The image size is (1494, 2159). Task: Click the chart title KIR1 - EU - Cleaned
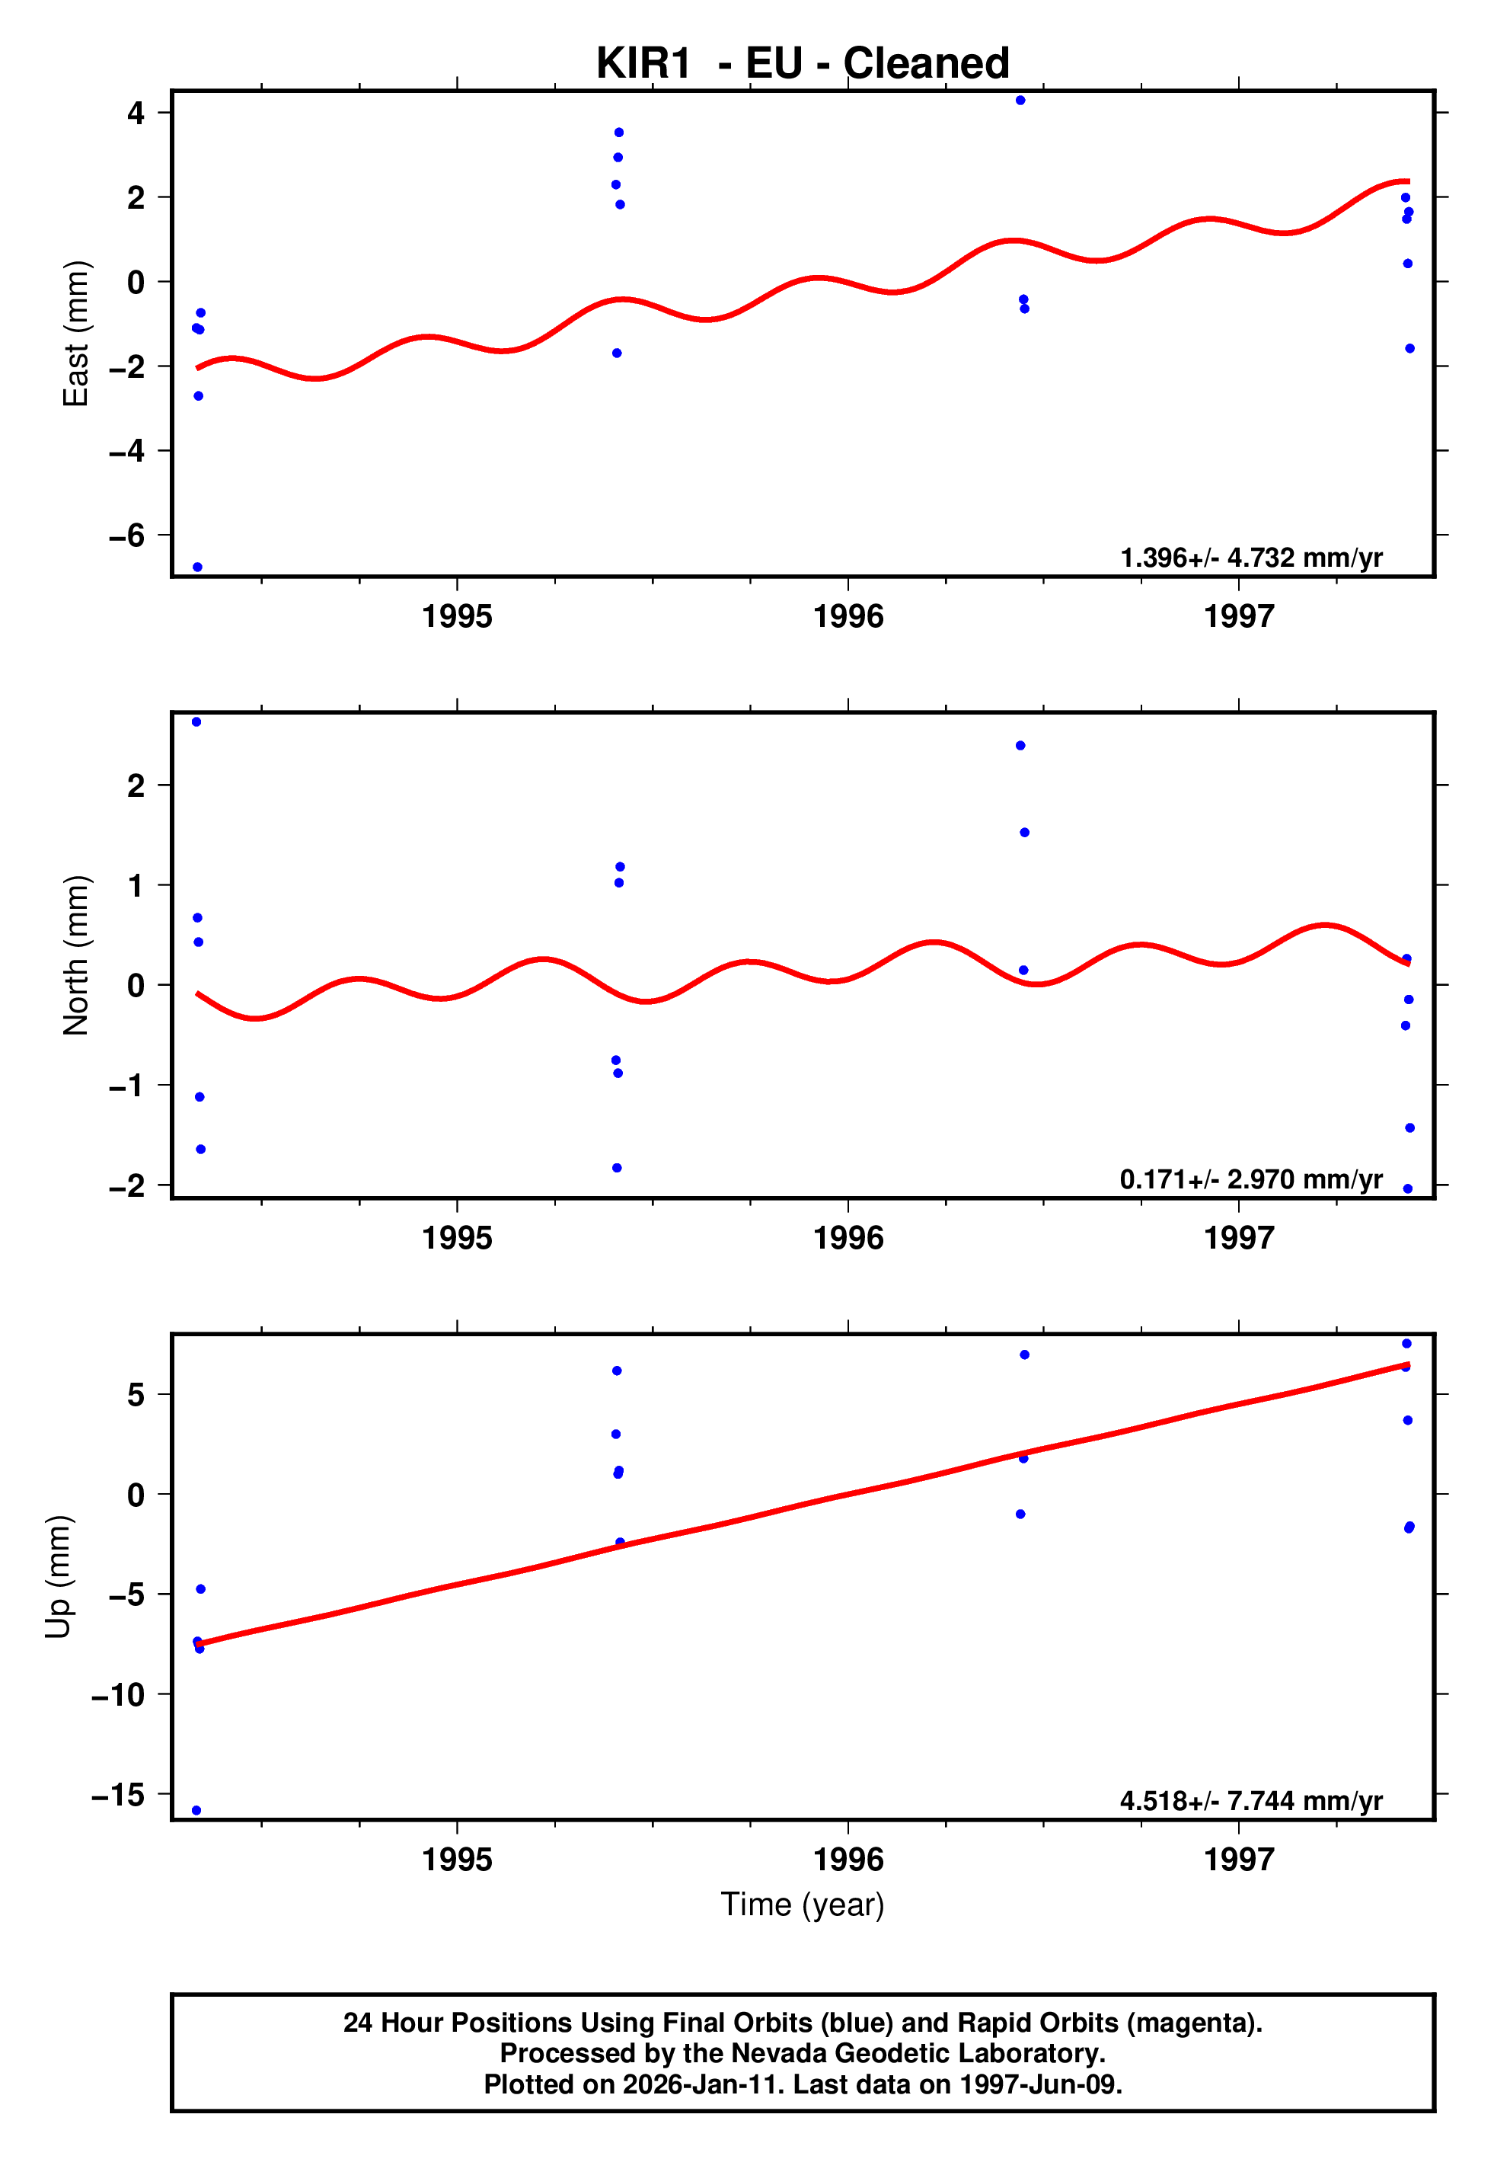click(803, 64)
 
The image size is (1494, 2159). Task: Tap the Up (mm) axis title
click(58, 1577)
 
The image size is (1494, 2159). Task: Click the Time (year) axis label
click(803, 1905)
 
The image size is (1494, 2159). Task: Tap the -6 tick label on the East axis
click(127, 536)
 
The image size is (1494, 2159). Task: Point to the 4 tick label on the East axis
click(136, 114)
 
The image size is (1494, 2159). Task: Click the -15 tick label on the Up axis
click(119, 1795)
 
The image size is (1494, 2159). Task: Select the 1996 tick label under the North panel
click(848, 1239)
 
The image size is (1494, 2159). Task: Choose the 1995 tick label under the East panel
click(457, 617)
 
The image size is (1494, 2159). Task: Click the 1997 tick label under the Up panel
click(1238, 1860)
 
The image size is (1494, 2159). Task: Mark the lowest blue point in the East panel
click(197, 568)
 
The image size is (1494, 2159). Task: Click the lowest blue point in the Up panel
click(196, 1811)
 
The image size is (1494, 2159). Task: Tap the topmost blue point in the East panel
click(1020, 100)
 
